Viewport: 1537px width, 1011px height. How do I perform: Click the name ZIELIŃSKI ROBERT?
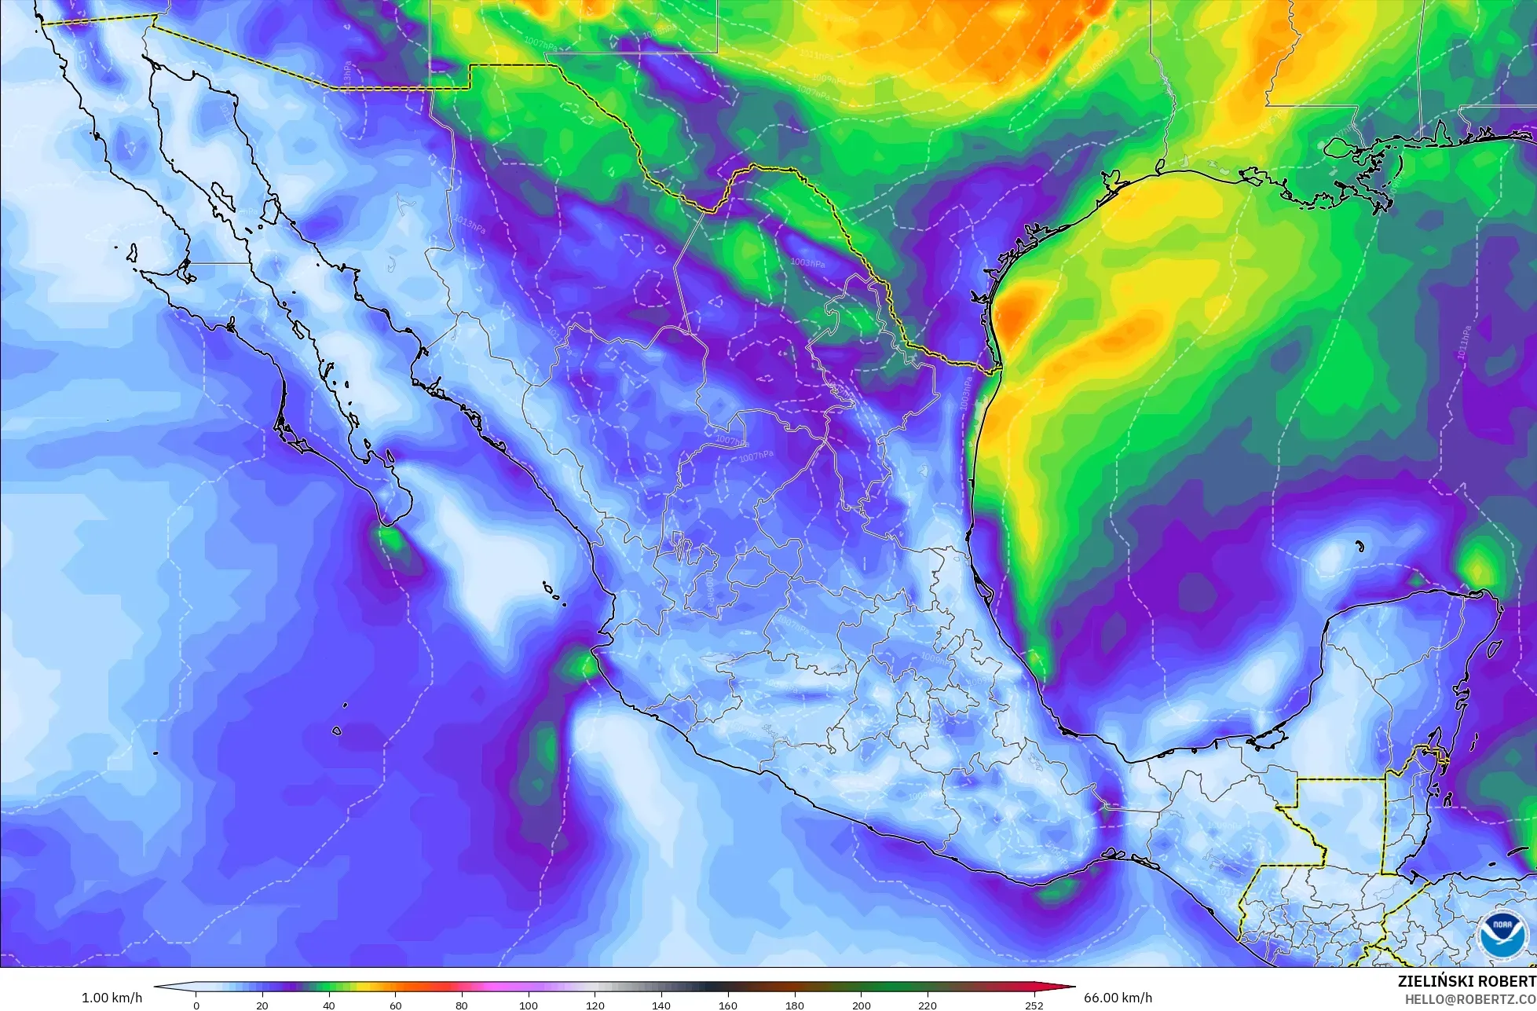click(x=1466, y=981)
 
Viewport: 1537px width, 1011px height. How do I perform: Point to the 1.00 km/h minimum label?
click(x=112, y=998)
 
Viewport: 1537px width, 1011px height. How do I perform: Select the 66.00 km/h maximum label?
click(x=1118, y=998)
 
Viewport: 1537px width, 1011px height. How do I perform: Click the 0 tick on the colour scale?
click(x=196, y=1005)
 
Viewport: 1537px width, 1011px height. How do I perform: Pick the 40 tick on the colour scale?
click(x=329, y=1005)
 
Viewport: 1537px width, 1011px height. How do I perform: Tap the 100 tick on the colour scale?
click(x=529, y=1005)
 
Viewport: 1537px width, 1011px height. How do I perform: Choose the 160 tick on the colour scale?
click(x=728, y=1005)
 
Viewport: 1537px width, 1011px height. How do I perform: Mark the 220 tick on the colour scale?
click(x=928, y=1005)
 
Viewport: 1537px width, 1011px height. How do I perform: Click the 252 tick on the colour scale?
click(x=1034, y=1005)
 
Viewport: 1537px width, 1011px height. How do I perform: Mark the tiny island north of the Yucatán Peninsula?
click(x=1359, y=546)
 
